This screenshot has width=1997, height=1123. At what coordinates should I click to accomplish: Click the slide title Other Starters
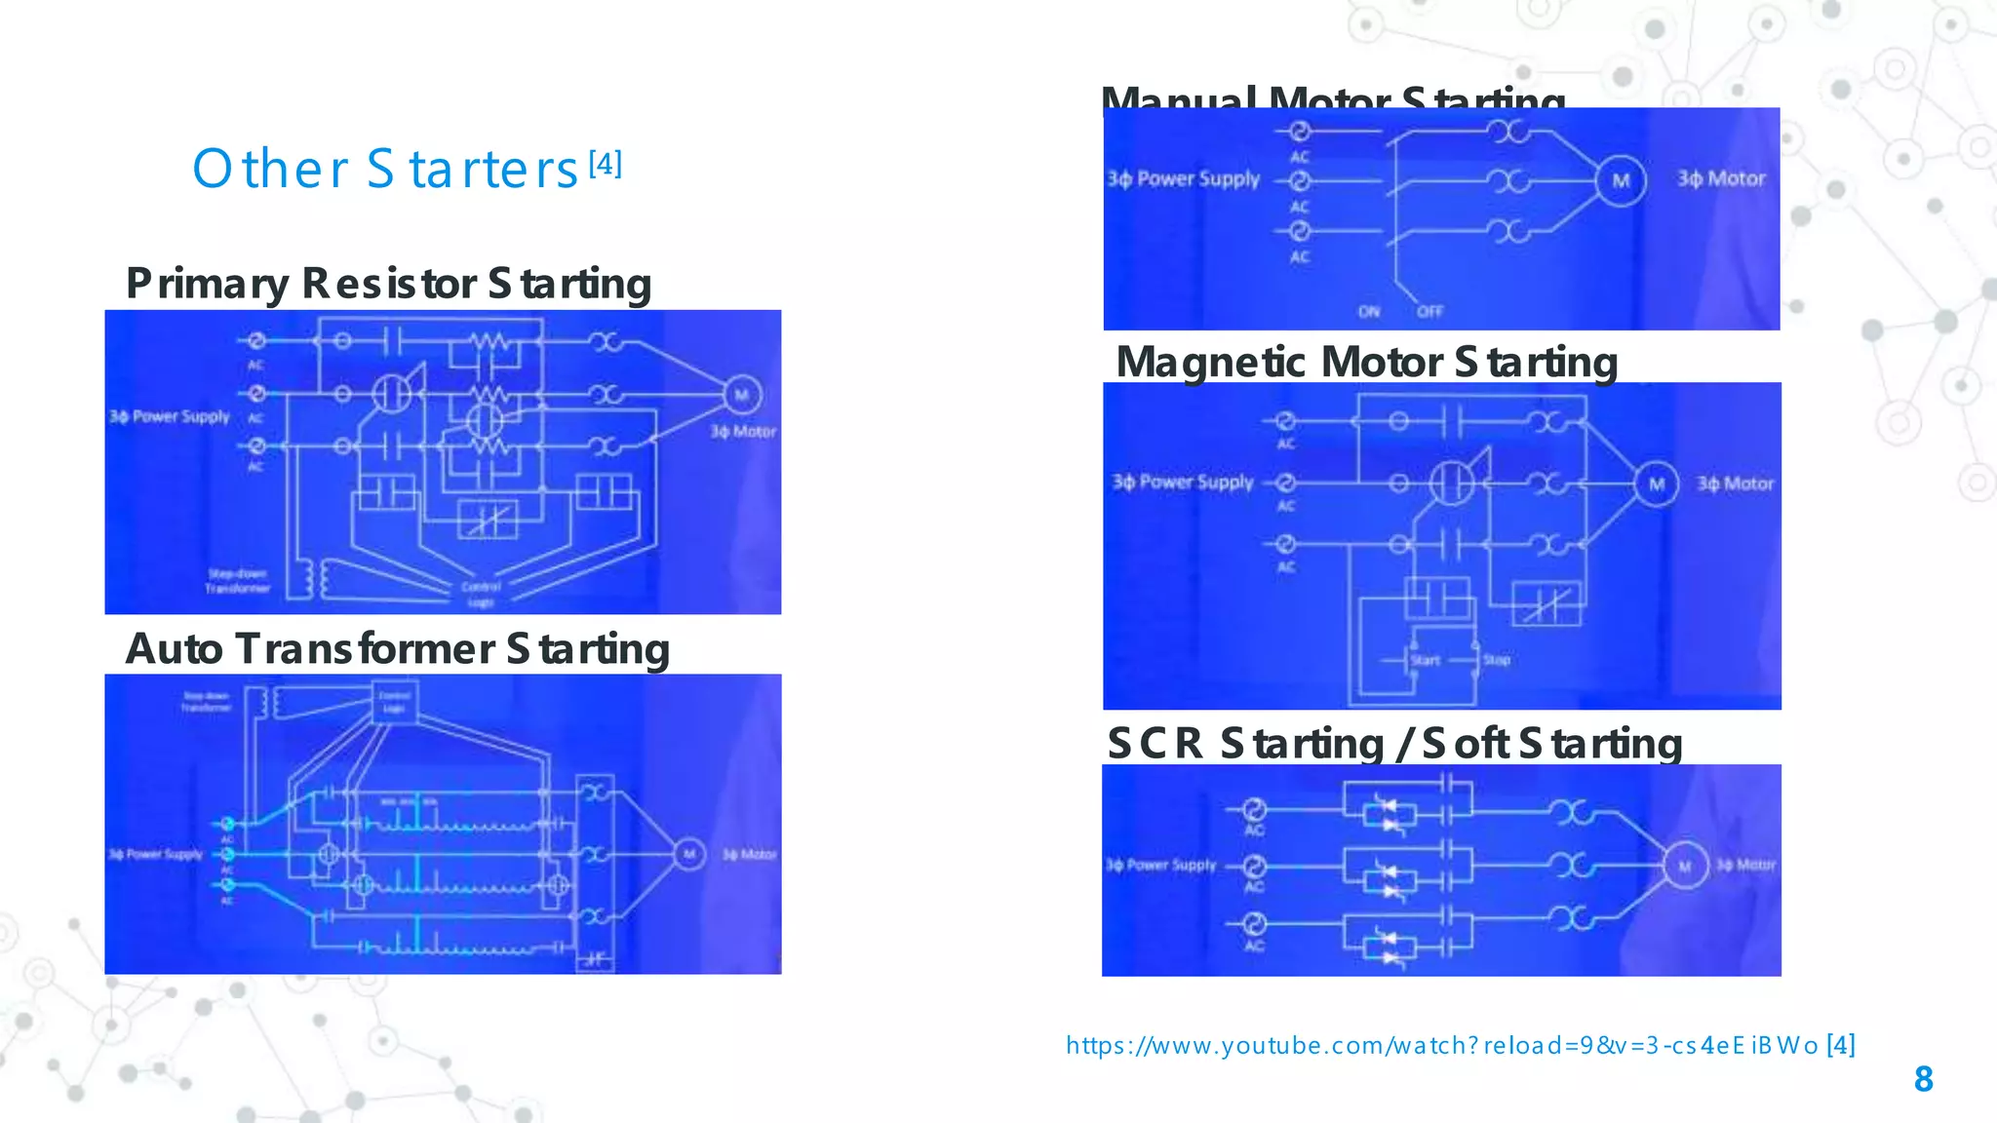click(x=386, y=170)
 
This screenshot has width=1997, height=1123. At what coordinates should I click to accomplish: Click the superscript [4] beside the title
click(x=606, y=163)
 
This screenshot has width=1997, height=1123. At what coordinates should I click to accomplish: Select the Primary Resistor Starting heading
click(x=388, y=284)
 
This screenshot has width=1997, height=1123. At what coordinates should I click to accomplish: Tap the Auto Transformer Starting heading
click(x=398, y=649)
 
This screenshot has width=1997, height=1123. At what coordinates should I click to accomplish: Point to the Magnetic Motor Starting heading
click(x=1366, y=362)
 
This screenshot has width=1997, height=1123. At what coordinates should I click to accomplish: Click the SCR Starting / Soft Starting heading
click(x=1394, y=743)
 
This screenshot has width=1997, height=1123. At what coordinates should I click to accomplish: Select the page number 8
click(x=1923, y=1079)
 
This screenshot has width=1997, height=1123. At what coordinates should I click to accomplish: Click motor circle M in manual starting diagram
click(x=1621, y=180)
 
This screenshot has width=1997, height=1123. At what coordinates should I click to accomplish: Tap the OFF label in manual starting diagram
click(x=1429, y=312)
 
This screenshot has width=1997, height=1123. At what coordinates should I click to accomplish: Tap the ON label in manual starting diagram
click(x=1369, y=312)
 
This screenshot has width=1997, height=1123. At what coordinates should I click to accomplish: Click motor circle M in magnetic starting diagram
click(x=1657, y=484)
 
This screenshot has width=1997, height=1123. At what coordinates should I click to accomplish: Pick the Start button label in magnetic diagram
click(x=1425, y=660)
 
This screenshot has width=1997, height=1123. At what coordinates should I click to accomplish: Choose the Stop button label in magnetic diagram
click(x=1497, y=660)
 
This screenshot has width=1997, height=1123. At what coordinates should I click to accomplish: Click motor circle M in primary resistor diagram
click(x=741, y=395)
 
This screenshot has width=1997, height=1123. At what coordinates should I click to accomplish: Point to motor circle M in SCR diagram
click(x=1684, y=867)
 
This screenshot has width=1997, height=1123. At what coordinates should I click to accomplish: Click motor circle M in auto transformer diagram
click(x=689, y=855)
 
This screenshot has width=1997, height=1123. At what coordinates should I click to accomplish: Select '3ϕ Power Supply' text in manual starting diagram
click(x=1183, y=179)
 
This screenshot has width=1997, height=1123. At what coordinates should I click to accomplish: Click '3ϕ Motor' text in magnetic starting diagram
click(x=1735, y=484)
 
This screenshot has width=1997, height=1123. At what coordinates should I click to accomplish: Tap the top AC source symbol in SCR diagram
click(x=1254, y=809)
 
